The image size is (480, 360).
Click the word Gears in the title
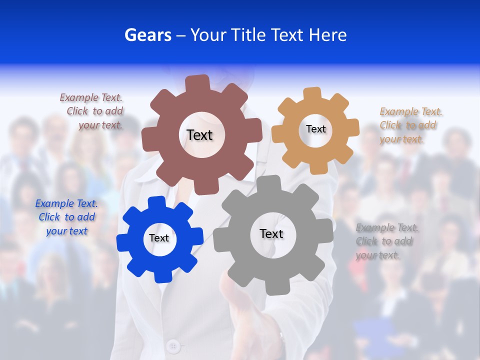point(148,35)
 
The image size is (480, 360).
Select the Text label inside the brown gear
point(199,135)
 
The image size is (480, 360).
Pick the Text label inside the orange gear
point(315,129)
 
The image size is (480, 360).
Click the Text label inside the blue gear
point(159,238)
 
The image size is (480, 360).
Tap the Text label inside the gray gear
point(271,233)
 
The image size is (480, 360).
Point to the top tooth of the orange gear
point(311,93)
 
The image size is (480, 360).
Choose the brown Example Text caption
point(92,111)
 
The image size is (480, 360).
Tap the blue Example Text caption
point(66,217)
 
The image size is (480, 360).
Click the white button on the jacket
point(173,345)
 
